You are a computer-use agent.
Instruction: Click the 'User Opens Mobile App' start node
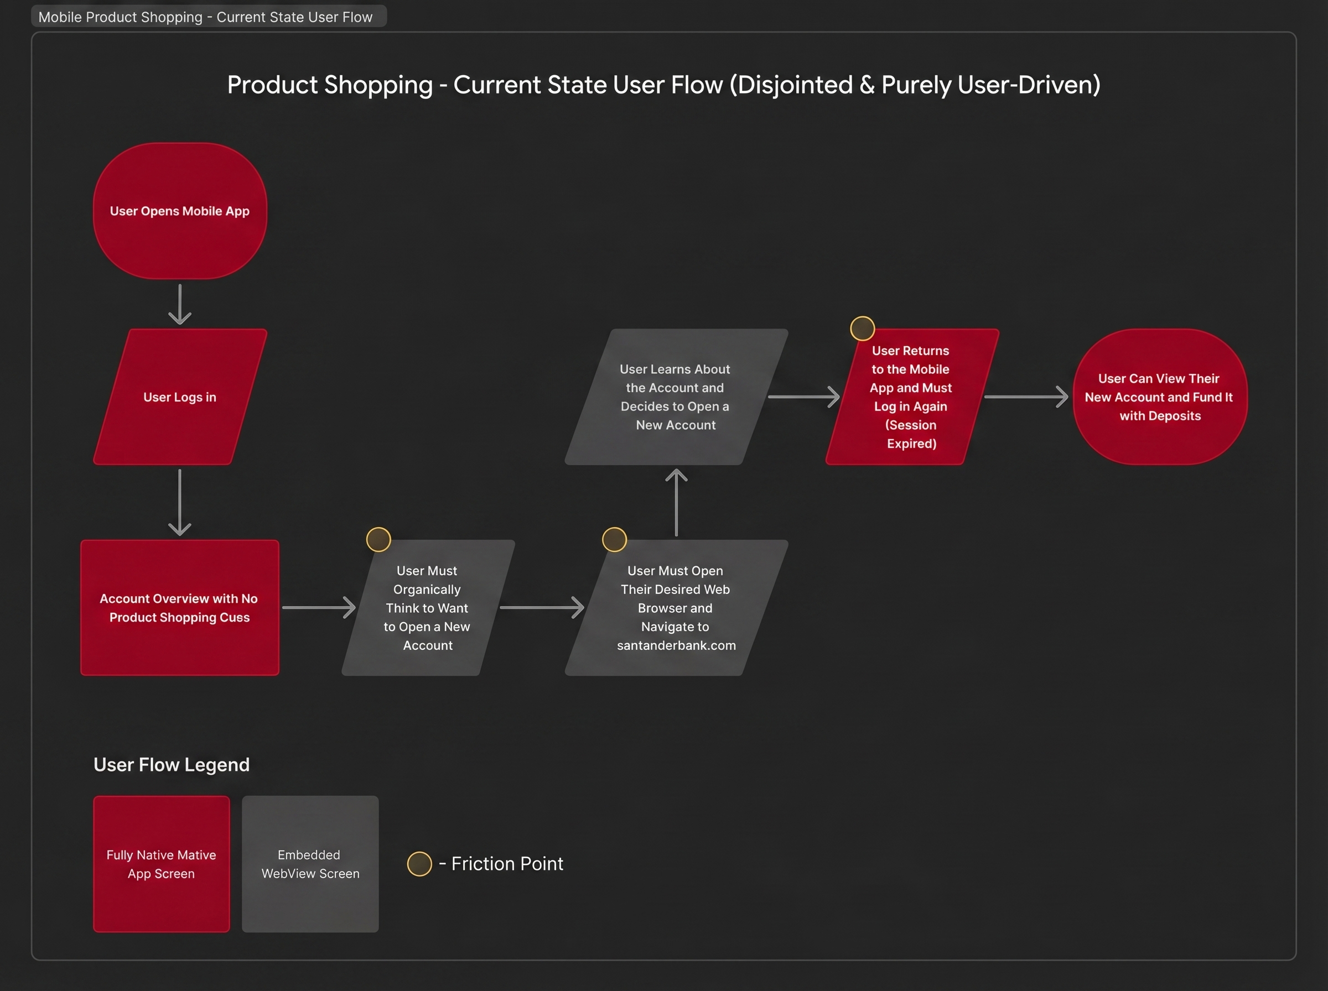pos(179,211)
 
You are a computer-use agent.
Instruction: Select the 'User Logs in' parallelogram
pos(179,397)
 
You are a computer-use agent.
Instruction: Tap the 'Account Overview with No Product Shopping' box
pos(179,607)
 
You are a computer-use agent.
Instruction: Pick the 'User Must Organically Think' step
pos(427,607)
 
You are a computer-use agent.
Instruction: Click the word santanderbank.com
pos(676,645)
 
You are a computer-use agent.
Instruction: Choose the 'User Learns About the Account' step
pos(675,397)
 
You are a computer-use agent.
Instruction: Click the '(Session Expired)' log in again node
pos(911,397)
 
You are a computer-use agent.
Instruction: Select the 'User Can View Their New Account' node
pos(1159,397)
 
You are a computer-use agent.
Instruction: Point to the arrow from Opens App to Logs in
pos(179,304)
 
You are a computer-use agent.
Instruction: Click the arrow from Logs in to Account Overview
pos(179,502)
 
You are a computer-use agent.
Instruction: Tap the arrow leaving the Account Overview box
pos(319,607)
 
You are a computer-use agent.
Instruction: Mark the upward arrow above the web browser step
pos(676,502)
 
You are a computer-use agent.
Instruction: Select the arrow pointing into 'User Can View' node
pos(1025,397)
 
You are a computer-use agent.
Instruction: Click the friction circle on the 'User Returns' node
pos(862,328)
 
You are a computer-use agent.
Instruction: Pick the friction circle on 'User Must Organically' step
pos(378,539)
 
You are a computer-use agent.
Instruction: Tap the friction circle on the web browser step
pos(615,539)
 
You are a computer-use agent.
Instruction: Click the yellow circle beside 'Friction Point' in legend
pos(419,864)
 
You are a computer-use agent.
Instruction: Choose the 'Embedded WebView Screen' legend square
pos(310,864)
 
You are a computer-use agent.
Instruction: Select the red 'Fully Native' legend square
pos(162,864)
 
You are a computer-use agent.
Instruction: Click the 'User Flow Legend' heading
pos(172,765)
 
